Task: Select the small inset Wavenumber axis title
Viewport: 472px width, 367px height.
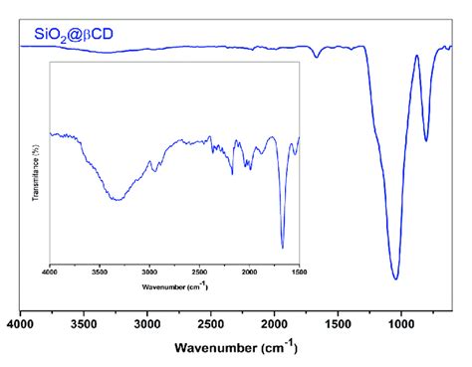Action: pos(174,287)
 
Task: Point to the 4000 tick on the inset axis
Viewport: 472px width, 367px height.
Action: pos(51,271)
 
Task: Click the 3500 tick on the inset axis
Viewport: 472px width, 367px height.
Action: pos(100,271)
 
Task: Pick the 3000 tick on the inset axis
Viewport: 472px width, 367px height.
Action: pos(149,271)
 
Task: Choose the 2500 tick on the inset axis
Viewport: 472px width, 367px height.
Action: pos(199,271)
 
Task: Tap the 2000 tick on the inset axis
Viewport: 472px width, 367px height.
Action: pos(249,271)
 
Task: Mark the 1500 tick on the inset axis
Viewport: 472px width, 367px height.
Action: pos(297,271)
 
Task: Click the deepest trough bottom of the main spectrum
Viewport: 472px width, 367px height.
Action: pos(396,279)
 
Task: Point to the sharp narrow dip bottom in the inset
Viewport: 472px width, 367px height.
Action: pos(283,248)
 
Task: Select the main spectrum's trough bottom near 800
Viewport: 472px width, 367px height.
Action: pos(426,140)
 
